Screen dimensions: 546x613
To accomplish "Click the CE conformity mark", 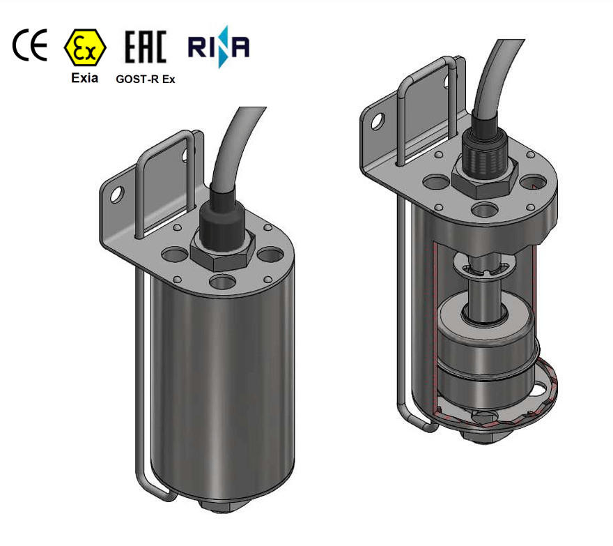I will pos(30,46).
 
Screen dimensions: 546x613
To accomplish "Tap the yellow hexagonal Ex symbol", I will pos(84,47).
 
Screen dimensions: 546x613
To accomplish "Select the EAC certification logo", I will pos(145,47).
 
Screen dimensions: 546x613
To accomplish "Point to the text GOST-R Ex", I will pos(145,79).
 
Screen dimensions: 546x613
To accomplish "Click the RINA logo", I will pos(219,47).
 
